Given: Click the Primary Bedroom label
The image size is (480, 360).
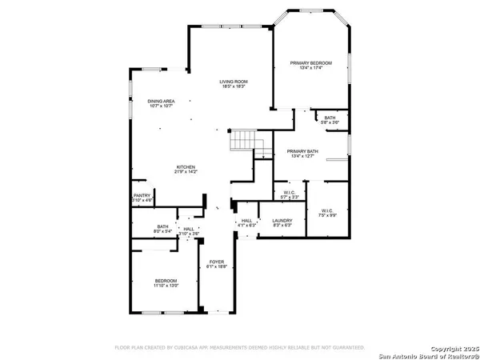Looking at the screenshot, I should tap(310, 62).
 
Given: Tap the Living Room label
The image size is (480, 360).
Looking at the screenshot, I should tap(234, 82).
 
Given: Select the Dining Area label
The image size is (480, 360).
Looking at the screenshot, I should tap(161, 101).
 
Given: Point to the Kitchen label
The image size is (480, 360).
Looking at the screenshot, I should tap(186, 166).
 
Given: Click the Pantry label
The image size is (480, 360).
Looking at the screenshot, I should tap(142, 195).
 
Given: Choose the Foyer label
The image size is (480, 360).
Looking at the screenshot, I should tap(217, 262).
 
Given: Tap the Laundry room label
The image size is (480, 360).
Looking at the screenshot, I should tap(282, 220).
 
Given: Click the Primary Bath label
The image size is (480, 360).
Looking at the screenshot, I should tap(303, 151).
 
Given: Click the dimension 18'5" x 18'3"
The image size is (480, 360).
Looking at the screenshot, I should tap(234, 86).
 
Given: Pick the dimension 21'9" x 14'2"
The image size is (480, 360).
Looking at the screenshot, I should tap(186, 171).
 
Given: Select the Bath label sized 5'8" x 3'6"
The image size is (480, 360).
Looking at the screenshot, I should tap(330, 118).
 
